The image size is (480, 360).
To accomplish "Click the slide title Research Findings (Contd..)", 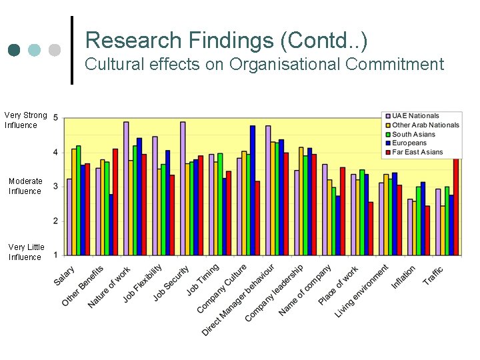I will pos(226,40).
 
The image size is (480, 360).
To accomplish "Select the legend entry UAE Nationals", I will pos(415,116).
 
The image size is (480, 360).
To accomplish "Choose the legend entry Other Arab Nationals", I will pos(425,125).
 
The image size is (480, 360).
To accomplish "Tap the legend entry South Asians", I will pos(414,134).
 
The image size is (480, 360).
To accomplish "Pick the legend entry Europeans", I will pos(409,143).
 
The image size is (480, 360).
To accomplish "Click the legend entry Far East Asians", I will pos(417,152).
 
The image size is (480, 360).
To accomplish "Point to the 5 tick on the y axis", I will pos(55,118).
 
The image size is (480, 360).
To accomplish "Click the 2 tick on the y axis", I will pos(55,221).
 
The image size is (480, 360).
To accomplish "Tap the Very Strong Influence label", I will pos(25,120).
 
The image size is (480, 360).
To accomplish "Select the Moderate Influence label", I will pos(25,186).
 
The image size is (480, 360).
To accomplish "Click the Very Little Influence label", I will pos(25,252).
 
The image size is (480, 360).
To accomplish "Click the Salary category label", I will pos(65,276).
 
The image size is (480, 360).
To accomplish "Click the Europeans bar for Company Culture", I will pos(253,190).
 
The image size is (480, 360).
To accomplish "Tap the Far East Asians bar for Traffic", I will pos(457,207).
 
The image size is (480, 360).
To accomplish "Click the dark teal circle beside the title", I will pos(14,51).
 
